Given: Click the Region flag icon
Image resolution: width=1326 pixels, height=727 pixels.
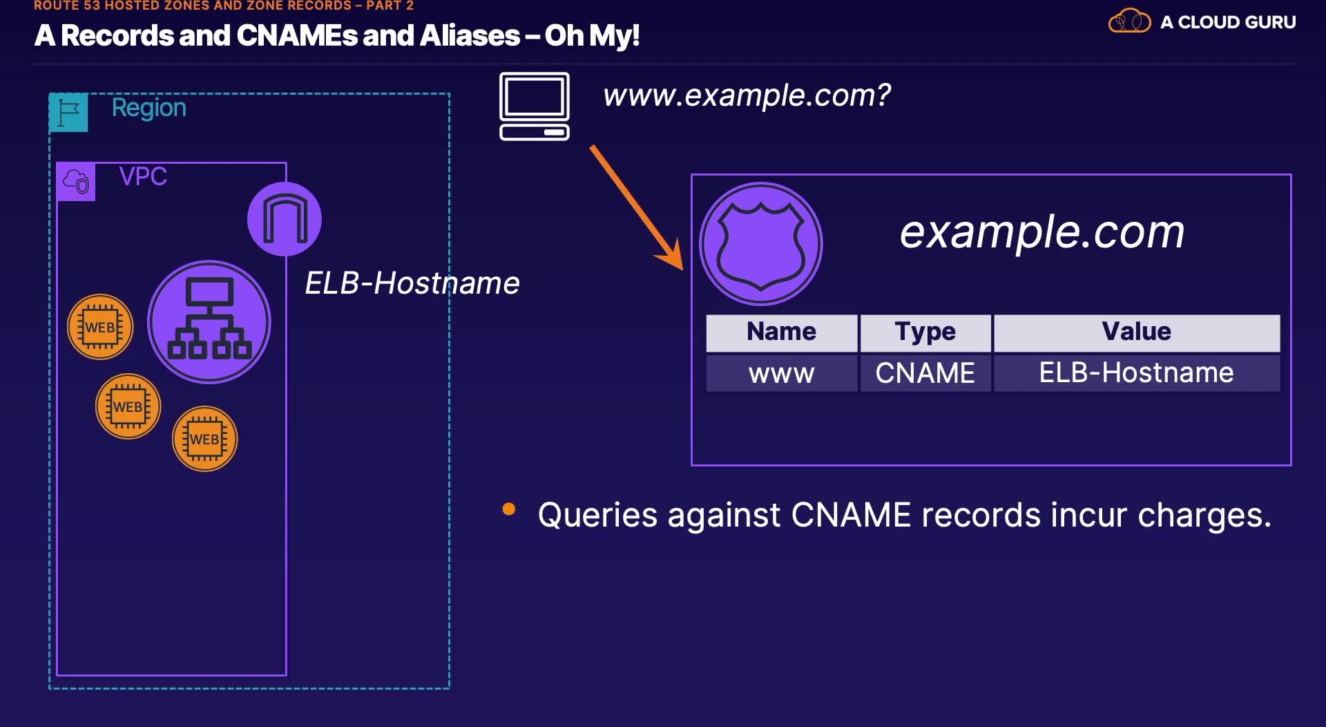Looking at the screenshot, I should click(x=68, y=112).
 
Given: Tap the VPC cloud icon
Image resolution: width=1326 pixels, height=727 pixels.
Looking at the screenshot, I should click(x=76, y=182).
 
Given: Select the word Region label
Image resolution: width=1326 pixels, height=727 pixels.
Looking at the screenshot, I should click(x=148, y=108).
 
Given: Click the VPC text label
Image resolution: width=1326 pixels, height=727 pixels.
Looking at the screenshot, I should click(x=143, y=176).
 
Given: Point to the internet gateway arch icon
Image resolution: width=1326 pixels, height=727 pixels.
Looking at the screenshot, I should click(x=285, y=219).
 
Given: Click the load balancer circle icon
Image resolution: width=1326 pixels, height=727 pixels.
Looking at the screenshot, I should click(x=209, y=322).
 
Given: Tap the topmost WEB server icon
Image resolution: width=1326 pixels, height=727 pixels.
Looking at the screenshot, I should click(x=100, y=327).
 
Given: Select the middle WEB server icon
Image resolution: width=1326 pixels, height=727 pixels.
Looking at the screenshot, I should click(x=128, y=406).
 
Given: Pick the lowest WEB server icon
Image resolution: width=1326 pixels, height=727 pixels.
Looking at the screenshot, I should click(x=204, y=439).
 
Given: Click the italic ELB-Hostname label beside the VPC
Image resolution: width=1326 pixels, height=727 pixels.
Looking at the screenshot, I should click(x=412, y=283).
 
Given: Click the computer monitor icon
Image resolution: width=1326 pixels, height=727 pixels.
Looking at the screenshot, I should click(x=535, y=106).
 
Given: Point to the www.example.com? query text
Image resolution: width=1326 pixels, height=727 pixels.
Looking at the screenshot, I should click(x=747, y=95).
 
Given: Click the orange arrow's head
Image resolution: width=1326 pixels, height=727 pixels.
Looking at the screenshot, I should click(x=673, y=258).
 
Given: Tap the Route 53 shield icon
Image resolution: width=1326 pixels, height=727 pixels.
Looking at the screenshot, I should click(x=761, y=244).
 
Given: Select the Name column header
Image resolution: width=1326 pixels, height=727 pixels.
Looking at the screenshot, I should click(x=781, y=332).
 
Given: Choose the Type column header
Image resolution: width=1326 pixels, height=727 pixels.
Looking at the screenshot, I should click(x=925, y=332).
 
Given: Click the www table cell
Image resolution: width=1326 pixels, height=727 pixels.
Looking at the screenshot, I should click(x=781, y=373).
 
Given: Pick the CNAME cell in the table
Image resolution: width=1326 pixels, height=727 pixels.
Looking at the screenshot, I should click(x=925, y=373).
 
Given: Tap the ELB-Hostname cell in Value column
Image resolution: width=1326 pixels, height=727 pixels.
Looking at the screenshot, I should click(x=1136, y=373).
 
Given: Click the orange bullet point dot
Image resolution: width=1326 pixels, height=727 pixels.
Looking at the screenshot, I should click(x=509, y=509).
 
